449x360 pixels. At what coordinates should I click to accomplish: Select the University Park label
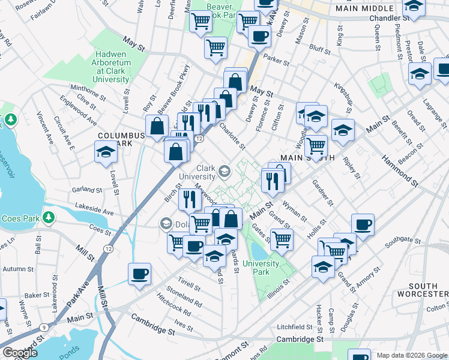262,268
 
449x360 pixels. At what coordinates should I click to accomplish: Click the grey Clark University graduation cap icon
224,172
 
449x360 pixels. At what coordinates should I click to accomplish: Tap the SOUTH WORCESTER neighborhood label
428,290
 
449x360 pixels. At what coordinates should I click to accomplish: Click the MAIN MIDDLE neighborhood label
365,9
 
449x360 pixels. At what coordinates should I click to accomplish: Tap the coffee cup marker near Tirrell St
139,274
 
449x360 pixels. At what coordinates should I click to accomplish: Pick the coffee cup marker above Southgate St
363,225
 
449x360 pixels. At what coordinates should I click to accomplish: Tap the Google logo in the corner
20,353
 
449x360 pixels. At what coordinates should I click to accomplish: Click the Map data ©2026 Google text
411,355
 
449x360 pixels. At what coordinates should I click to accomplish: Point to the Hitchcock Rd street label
175,305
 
